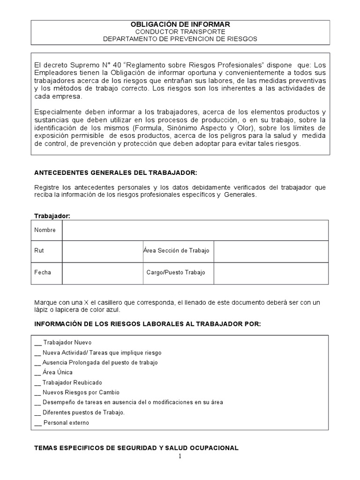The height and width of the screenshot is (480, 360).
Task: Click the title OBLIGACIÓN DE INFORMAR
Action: click(x=180, y=24)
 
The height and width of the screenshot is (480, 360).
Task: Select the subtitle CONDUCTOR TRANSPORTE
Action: click(x=180, y=31)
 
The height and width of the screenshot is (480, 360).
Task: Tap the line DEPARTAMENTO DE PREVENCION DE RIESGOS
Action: click(x=180, y=39)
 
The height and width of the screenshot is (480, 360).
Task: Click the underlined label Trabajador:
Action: click(x=52, y=216)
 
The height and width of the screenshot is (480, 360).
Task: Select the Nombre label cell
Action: click(x=45, y=230)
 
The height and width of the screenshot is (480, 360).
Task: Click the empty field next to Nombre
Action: click(x=195, y=230)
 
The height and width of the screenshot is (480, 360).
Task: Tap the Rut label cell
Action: click(x=39, y=251)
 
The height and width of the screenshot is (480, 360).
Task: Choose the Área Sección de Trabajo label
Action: click(x=176, y=251)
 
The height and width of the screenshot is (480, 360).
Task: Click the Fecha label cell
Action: click(x=43, y=272)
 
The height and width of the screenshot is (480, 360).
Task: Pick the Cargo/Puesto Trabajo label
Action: click(x=176, y=272)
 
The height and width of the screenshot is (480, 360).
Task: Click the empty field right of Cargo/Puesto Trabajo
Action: click(x=270, y=272)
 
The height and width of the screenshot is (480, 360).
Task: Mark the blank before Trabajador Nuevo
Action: click(x=38, y=343)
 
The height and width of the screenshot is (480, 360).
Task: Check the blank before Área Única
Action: click(x=38, y=373)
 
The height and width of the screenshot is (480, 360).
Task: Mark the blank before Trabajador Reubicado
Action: click(x=38, y=382)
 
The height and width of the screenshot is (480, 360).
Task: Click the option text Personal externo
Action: click(x=66, y=422)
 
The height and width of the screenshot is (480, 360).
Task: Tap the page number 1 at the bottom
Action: click(x=180, y=457)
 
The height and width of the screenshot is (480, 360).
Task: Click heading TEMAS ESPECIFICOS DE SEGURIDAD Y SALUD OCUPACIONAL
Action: click(x=137, y=448)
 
